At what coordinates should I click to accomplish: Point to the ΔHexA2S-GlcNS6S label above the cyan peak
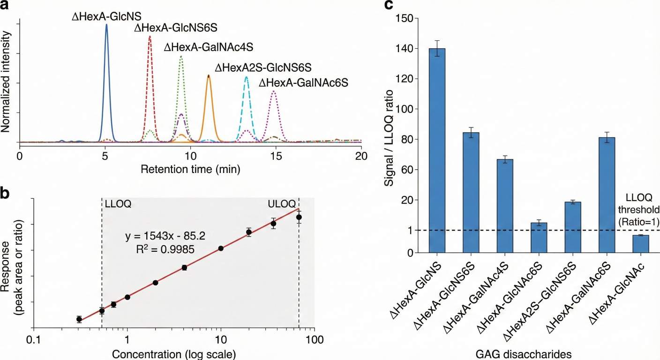(263, 68)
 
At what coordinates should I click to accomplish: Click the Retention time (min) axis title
(190, 168)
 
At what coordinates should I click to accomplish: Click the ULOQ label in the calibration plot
(282, 204)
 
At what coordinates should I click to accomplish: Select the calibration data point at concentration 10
(221, 248)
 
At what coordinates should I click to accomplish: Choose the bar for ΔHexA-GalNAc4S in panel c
(505, 206)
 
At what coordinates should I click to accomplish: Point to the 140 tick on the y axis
(405, 48)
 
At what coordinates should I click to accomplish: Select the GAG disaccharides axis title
(532, 354)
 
